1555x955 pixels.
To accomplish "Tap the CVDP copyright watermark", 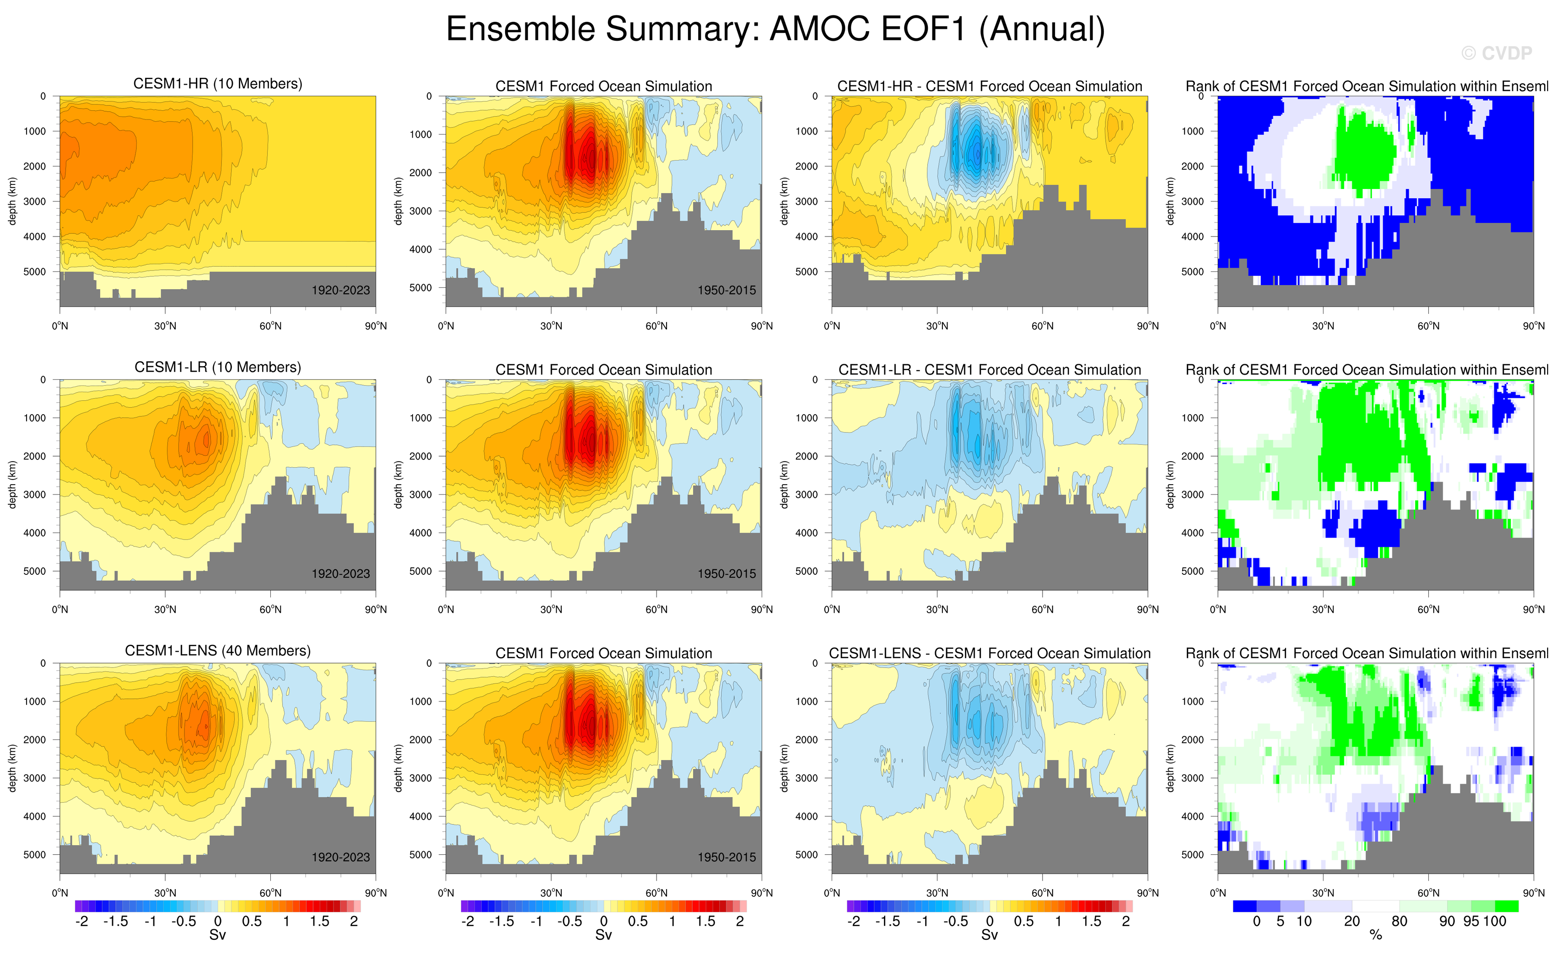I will click(1496, 54).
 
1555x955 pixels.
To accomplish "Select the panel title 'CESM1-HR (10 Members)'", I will click(218, 84).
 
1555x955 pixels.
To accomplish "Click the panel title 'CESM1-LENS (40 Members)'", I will click(218, 651).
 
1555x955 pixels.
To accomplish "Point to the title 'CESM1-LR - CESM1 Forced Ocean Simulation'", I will click(989, 370).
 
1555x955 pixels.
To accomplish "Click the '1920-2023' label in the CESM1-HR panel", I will click(340, 291).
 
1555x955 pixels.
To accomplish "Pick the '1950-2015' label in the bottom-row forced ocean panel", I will click(726, 857).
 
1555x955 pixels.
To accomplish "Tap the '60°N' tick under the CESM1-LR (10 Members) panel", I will click(270, 610).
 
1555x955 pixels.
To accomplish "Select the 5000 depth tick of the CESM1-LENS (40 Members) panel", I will click(35, 855).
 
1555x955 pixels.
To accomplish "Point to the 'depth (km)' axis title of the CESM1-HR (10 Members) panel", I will click(12, 201).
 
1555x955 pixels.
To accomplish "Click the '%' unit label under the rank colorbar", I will click(1375, 935).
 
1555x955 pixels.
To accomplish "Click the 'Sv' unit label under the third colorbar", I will click(989, 935).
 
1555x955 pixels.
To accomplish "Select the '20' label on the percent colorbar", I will click(1352, 922).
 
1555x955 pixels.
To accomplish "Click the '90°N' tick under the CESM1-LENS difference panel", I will click(1147, 893).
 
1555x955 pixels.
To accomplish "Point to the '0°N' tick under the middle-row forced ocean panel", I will click(446, 610).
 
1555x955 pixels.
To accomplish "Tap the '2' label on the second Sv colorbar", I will click(739, 922).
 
